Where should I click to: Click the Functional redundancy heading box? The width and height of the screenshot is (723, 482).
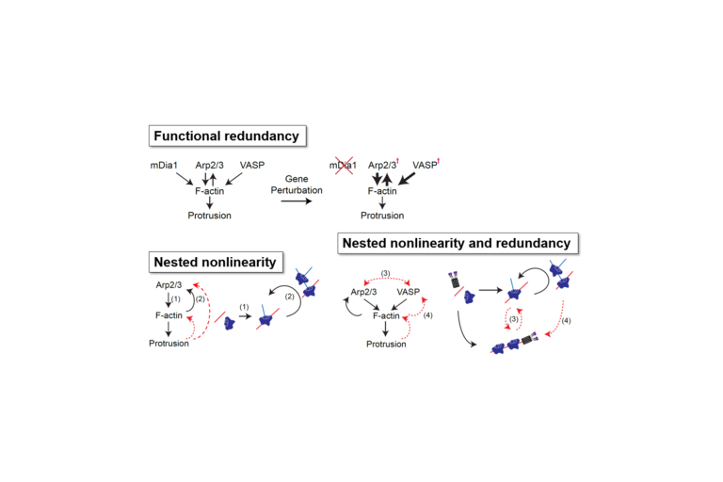point(227,137)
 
